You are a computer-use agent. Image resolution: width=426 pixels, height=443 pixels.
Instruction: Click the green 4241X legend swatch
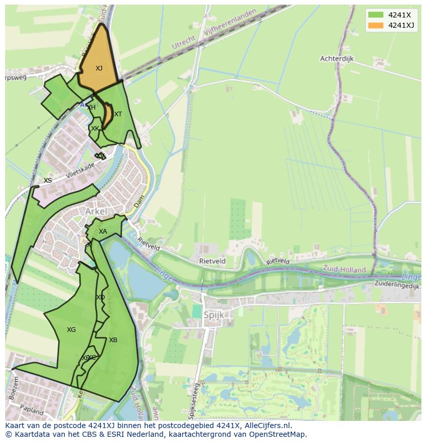[x=376, y=14]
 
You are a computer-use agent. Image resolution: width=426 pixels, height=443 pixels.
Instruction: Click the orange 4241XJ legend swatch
[x=376, y=25]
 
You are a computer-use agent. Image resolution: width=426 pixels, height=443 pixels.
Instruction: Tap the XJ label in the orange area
[x=99, y=68]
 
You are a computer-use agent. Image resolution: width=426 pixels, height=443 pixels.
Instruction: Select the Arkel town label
[x=96, y=211]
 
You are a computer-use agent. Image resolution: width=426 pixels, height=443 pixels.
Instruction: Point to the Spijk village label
[x=215, y=315]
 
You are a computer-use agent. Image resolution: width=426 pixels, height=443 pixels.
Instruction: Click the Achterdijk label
[x=337, y=59]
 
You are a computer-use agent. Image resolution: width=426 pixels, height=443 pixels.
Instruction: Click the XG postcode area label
[x=71, y=330]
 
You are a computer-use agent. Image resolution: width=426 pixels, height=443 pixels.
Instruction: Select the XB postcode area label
[x=113, y=340]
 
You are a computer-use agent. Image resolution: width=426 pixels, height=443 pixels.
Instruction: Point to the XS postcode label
[x=48, y=181]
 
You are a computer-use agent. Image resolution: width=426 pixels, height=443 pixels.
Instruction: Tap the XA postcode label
[x=103, y=232]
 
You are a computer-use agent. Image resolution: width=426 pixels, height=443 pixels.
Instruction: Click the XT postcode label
[x=118, y=114]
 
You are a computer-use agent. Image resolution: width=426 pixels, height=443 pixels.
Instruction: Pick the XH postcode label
[x=91, y=108]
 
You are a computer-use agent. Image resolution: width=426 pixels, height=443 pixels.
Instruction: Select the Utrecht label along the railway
[x=184, y=42]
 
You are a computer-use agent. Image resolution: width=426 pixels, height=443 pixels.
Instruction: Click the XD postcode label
[x=100, y=297]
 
